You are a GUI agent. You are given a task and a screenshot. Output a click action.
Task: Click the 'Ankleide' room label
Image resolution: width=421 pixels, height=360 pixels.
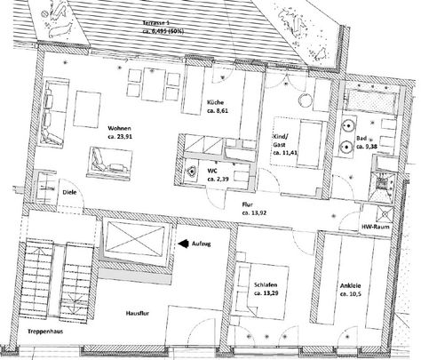click(350, 286)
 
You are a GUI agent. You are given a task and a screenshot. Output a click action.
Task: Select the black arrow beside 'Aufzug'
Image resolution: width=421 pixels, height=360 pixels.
click(181, 241)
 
